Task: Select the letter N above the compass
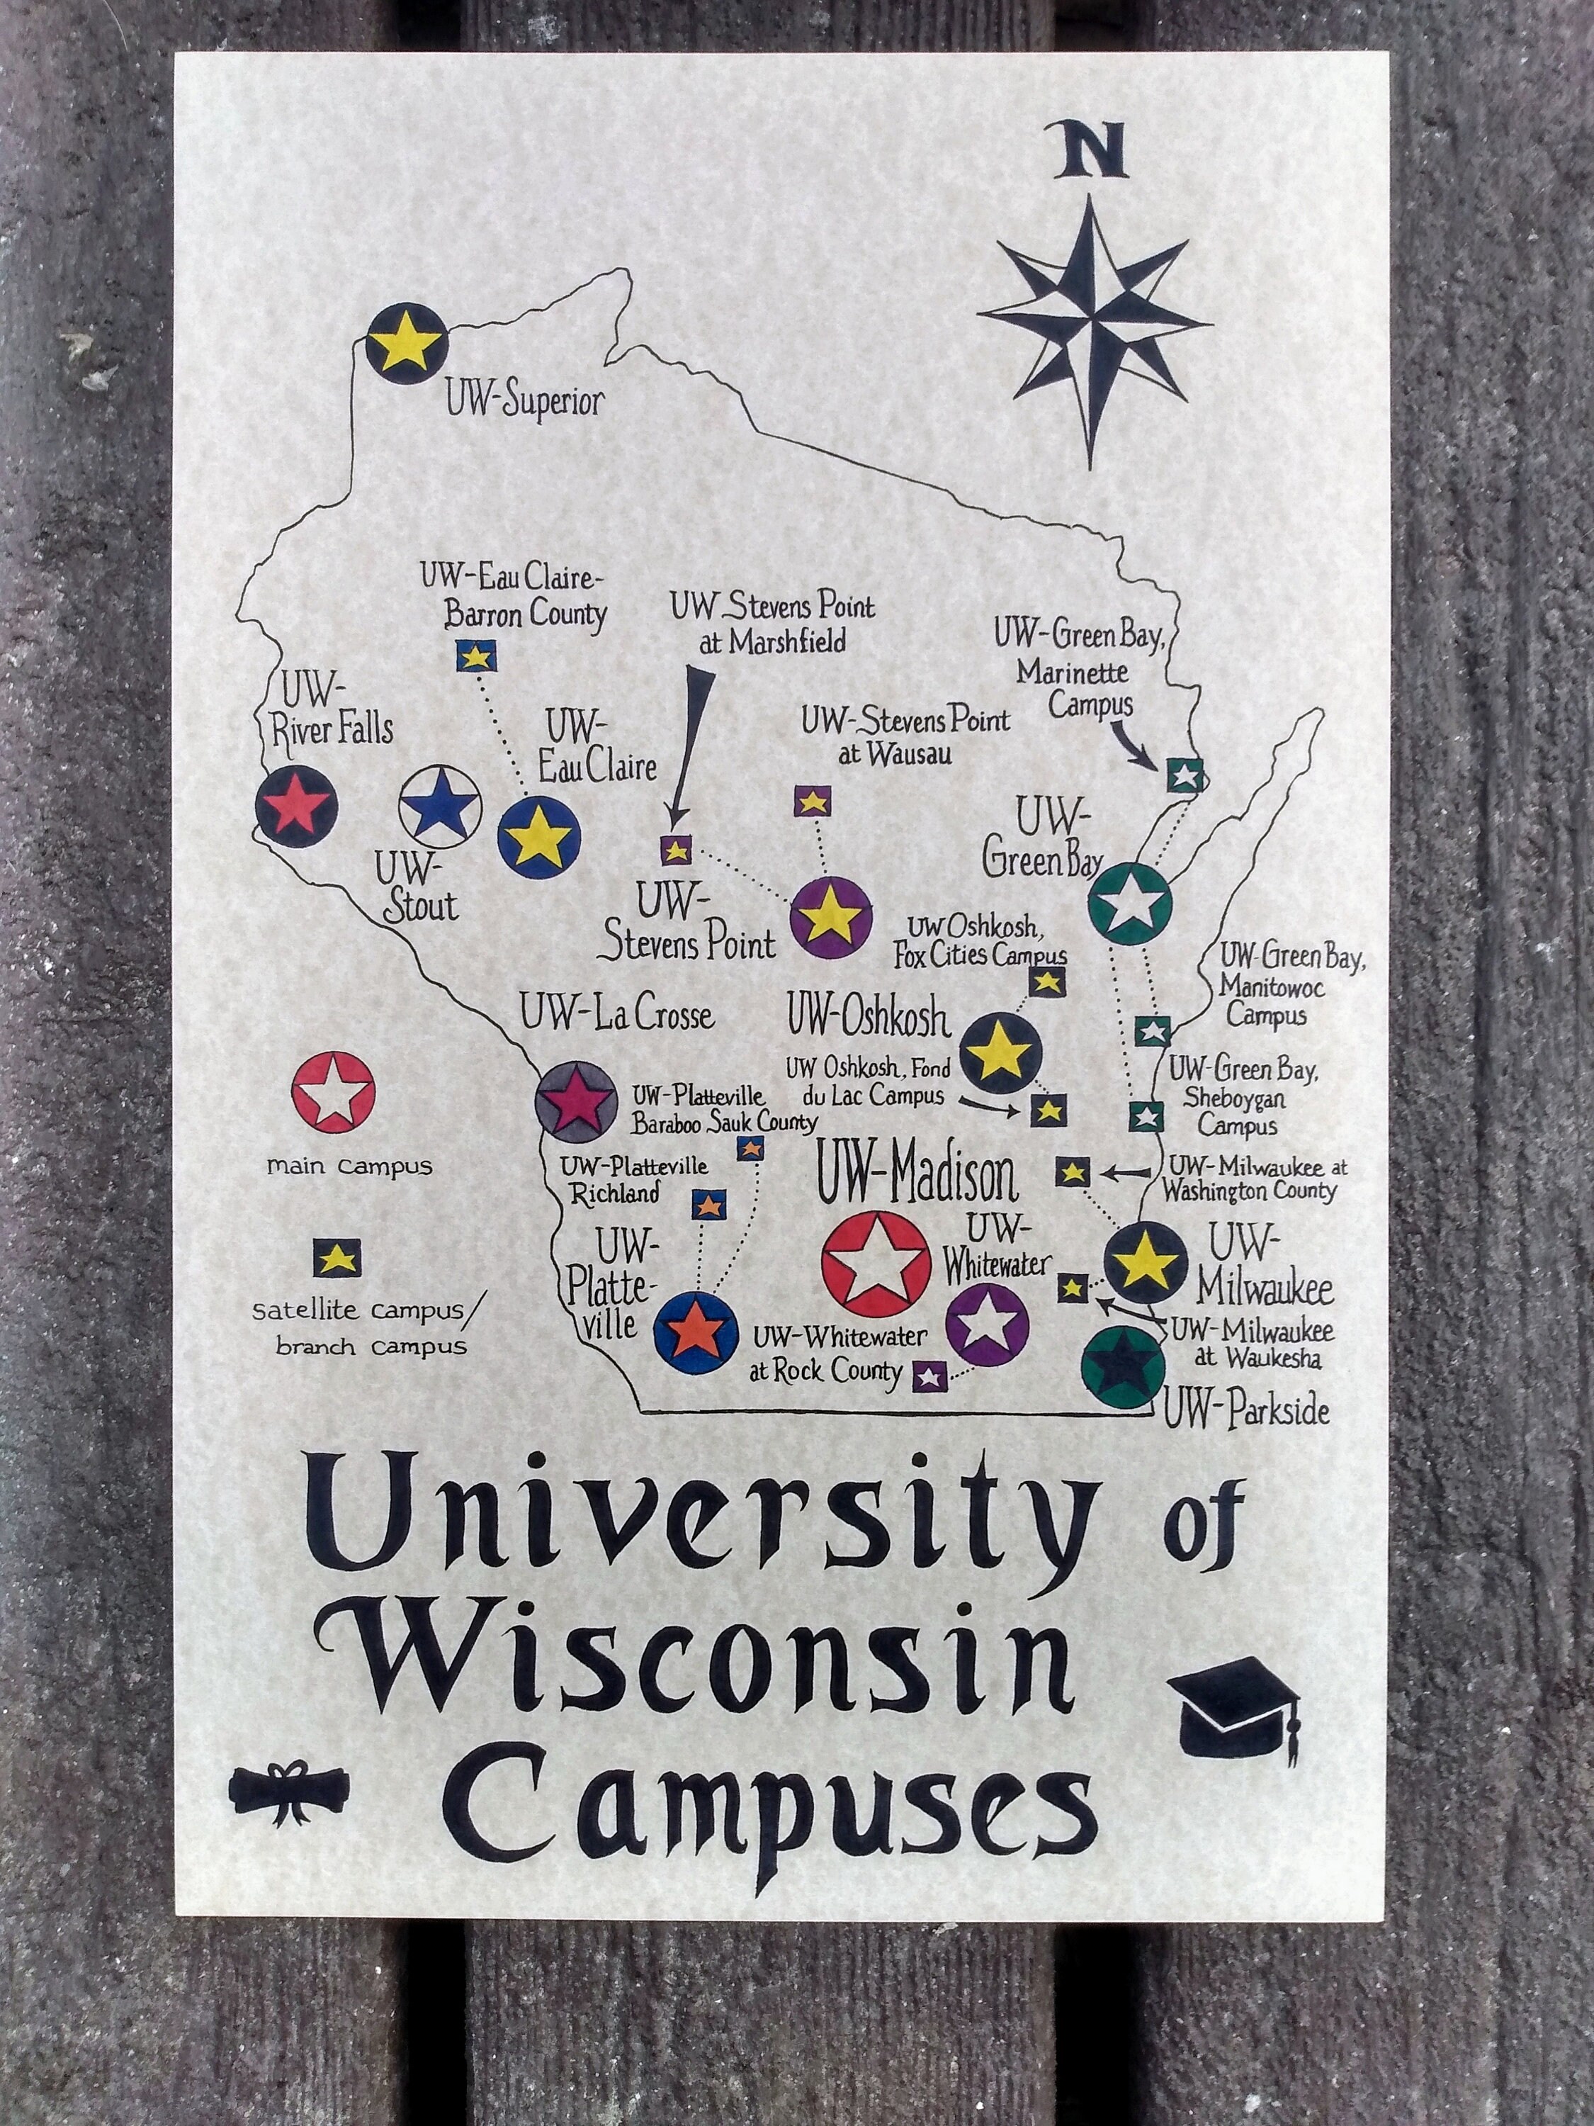coord(1090,152)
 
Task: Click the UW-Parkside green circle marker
coord(1122,1368)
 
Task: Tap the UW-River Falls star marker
coord(296,806)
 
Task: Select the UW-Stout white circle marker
coord(439,806)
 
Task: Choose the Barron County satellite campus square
coord(475,656)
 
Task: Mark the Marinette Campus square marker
coord(1184,775)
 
